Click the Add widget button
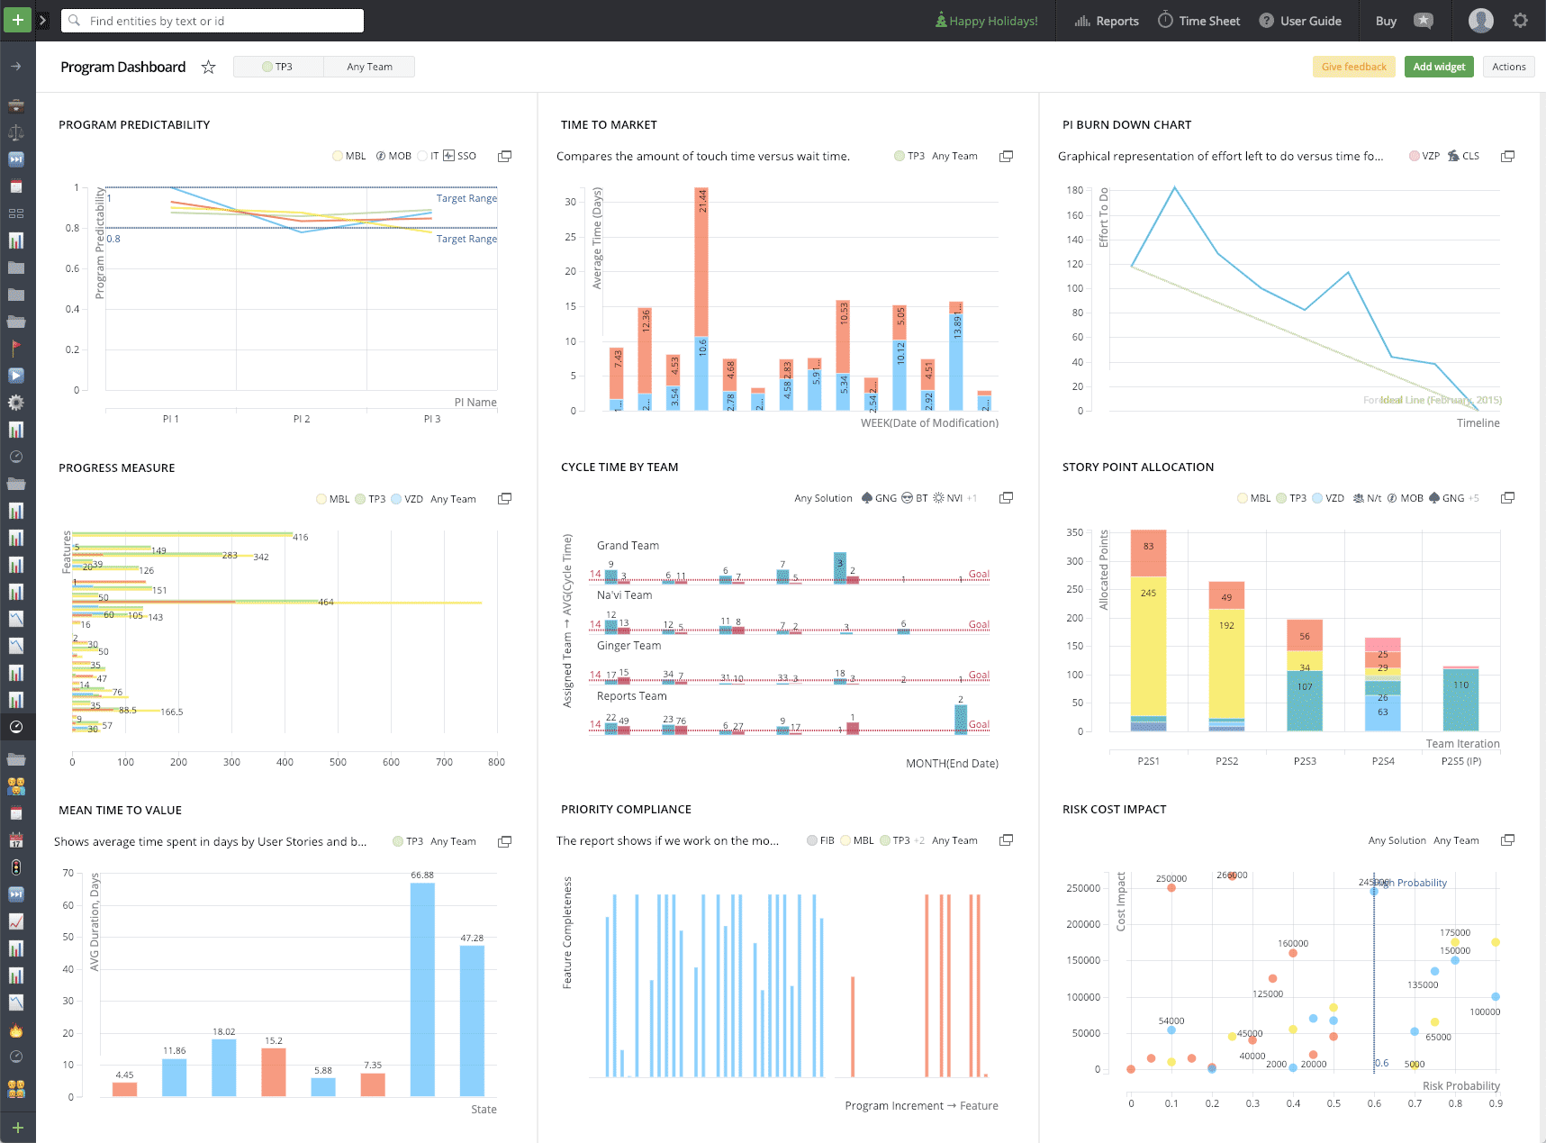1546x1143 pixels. [x=1438, y=67]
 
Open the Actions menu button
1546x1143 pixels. [x=1508, y=67]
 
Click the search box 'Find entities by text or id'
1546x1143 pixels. [x=212, y=21]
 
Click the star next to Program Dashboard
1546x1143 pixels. [x=208, y=67]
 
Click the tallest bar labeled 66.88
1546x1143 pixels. [x=422, y=988]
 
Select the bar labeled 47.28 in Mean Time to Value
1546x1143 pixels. [x=472, y=1020]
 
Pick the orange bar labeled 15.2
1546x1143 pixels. [x=274, y=1071]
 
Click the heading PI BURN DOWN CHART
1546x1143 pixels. [x=1126, y=125]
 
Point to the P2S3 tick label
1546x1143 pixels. [x=1305, y=761]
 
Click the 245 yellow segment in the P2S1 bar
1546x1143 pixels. [x=1148, y=644]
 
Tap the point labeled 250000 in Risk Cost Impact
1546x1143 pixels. [x=1171, y=888]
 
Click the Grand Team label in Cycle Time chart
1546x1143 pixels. [x=628, y=546]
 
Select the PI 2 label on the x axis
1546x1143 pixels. [x=302, y=419]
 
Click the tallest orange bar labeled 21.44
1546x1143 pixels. [x=701, y=261]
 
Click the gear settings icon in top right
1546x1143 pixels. [x=1520, y=21]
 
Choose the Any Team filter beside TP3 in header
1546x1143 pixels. [x=369, y=67]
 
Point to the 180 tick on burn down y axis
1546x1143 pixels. [x=1075, y=190]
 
